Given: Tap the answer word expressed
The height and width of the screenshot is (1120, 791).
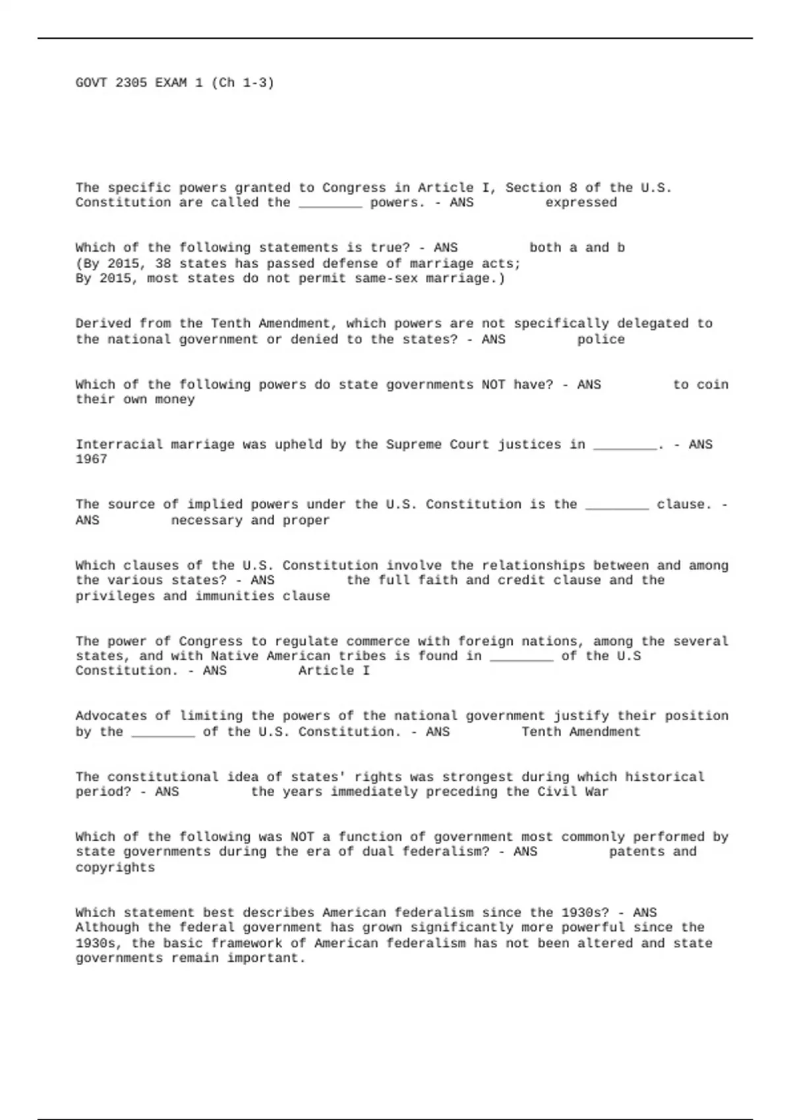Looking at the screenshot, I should pos(581,203).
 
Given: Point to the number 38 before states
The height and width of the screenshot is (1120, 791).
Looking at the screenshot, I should pos(163,264).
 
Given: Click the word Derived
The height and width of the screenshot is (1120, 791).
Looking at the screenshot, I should pos(103,323).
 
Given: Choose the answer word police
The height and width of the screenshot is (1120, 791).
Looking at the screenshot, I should pos(601,340).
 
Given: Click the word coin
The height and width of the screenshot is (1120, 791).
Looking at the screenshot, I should pos(713,385).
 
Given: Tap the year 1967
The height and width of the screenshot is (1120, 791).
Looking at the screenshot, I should pos(91,459).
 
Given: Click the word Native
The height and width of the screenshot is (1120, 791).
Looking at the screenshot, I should pos(234,656).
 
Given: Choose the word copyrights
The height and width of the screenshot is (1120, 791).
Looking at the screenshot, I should pos(115,868).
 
